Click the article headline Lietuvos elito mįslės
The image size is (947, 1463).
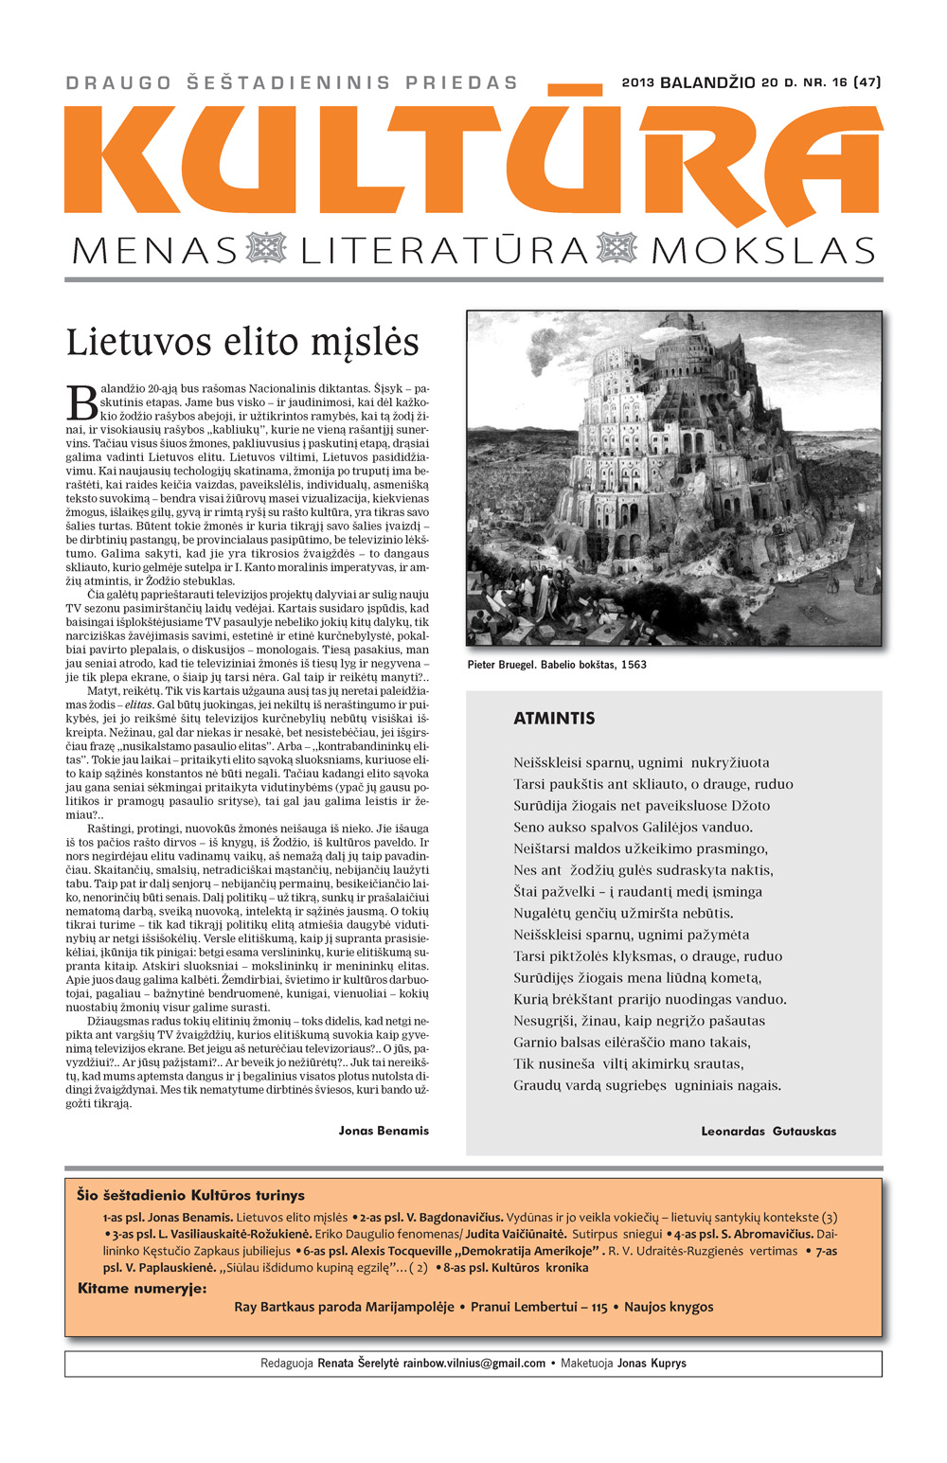pyautogui.click(x=242, y=342)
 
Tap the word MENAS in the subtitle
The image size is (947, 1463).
pyautogui.click(x=154, y=251)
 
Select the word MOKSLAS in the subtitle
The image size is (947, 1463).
pyautogui.click(x=763, y=251)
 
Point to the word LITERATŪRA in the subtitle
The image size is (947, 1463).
pyautogui.click(x=444, y=251)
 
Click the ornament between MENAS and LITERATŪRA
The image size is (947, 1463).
pyautogui.click(x=266, y=249)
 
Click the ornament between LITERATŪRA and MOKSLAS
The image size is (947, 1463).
pyautogui.click(x=617, y=249)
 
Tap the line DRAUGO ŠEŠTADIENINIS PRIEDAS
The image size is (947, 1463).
pyautogui.click(x=292, y=83)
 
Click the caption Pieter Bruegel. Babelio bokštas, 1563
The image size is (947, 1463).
pyautogui.click(x=557, y=665)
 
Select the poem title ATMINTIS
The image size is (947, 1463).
pyautogui.click(x=554, y=718)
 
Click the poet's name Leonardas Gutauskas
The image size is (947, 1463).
pyautogui.click(x=768, y=1131)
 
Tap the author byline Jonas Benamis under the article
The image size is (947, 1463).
pyautogui.click(x=384, y=1131)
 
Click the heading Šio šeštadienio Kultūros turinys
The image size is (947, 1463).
pyautogui.click(x=190, y=1195)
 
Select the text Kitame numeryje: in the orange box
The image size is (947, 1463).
pyautogui.click(x=142, y=1288)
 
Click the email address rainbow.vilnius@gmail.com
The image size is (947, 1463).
pyautogui.click(x=474, y=1364)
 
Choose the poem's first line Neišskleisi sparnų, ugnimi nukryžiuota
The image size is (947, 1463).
pyautogui.click(x=641, y=762)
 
